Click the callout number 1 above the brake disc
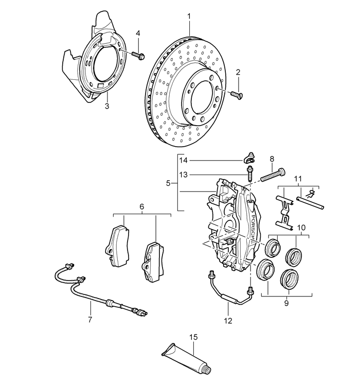click(x=189, y=16)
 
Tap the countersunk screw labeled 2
click(x=237, y=94)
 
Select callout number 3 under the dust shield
click(x=106, y=107)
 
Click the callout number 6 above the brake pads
click(x=141, y=207)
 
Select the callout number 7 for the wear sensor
click(x=89, y=320)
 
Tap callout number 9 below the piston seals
click(x=287, y=304)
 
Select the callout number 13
click(x=184, y=174)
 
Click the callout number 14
click(x=184, y=161)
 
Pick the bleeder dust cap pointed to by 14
click(x=249, y=157)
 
